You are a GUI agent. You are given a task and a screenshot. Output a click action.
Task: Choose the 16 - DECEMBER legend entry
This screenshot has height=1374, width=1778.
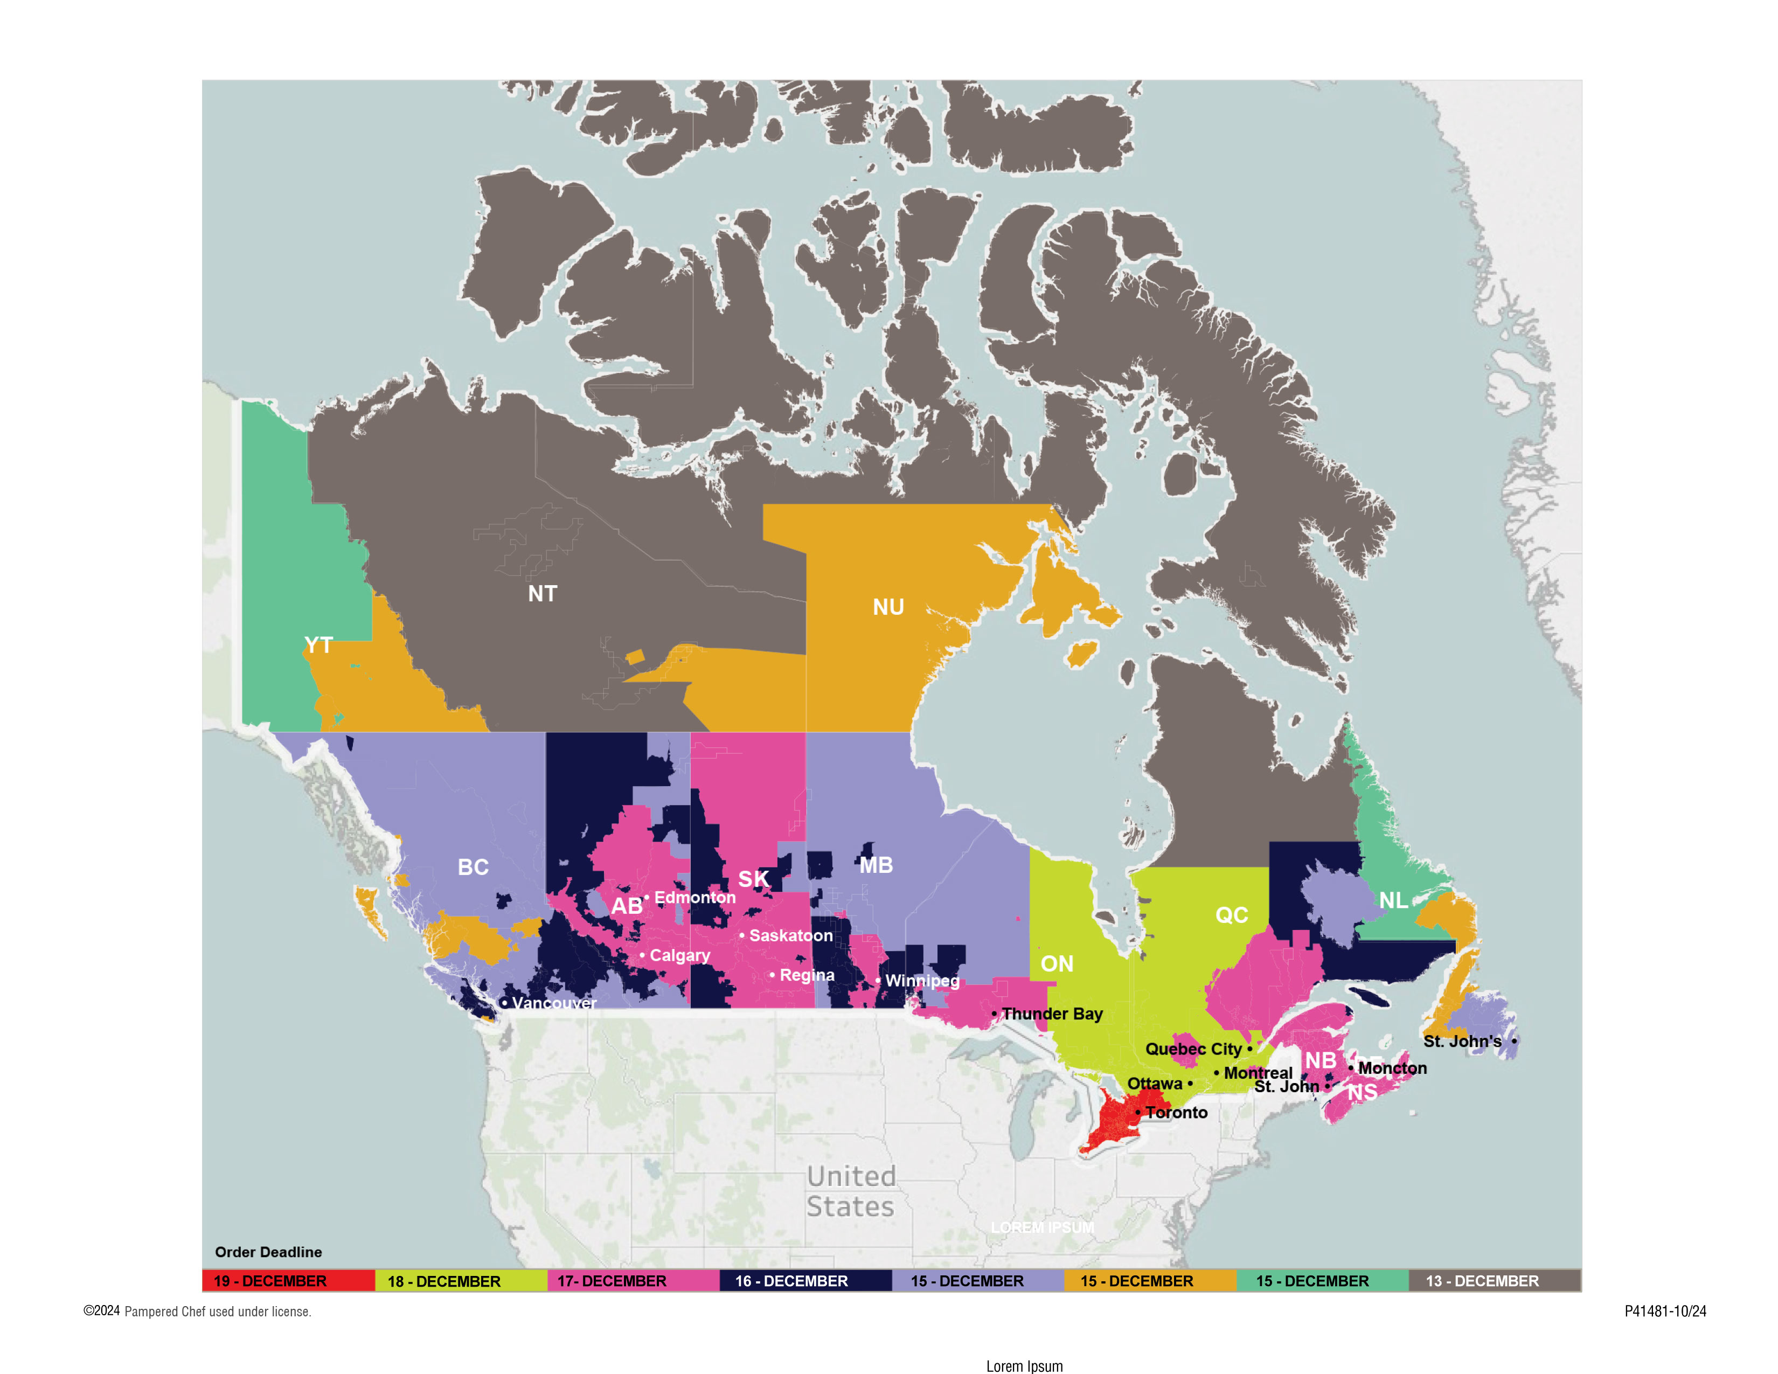click(791, 1281)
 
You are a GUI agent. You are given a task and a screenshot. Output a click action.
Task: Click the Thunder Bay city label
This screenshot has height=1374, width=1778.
click(1052, 1014)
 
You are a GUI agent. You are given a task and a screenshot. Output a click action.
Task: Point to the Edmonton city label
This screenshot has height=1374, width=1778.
click(694, 897)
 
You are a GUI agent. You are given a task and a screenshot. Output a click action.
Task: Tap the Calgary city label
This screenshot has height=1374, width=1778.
click(679, 955)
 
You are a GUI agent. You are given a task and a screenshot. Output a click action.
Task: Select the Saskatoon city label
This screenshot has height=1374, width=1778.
click(790, 935)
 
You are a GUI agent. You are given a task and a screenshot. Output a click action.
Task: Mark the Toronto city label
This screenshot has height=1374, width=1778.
click(1176, 1112)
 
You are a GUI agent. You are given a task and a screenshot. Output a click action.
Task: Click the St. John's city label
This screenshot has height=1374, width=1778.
click(1462, 1041)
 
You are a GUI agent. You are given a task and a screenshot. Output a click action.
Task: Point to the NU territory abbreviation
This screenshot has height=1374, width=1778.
click(888, 607)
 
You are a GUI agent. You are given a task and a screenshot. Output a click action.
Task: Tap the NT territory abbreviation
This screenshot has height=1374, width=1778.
click(542, 593)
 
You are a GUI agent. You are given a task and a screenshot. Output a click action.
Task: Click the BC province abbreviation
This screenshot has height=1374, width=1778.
click(473, 867)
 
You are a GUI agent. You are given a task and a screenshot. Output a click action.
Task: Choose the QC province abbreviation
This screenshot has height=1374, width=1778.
click(1231, 915)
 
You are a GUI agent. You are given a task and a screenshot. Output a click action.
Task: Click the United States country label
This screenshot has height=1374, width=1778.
click(851, 1191)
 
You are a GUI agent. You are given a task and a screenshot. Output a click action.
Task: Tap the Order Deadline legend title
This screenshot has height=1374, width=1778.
click(269, 1252)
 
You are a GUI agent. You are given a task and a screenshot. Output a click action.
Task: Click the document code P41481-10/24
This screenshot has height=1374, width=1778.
click(1665, 1311)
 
